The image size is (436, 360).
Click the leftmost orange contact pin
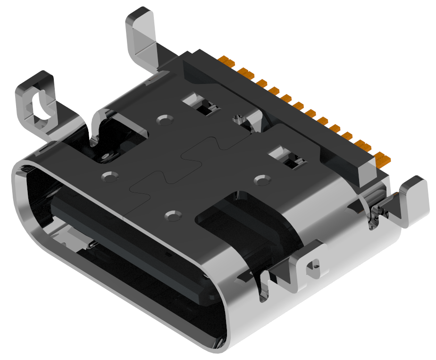coord(228,62)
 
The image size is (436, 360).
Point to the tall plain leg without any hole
coord(142,38)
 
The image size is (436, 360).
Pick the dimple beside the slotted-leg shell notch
coord(109,177)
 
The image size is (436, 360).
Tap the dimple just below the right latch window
coord(262,180)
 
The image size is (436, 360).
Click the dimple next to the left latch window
coord(165,120)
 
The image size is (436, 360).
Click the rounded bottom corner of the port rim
coord(217,342)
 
